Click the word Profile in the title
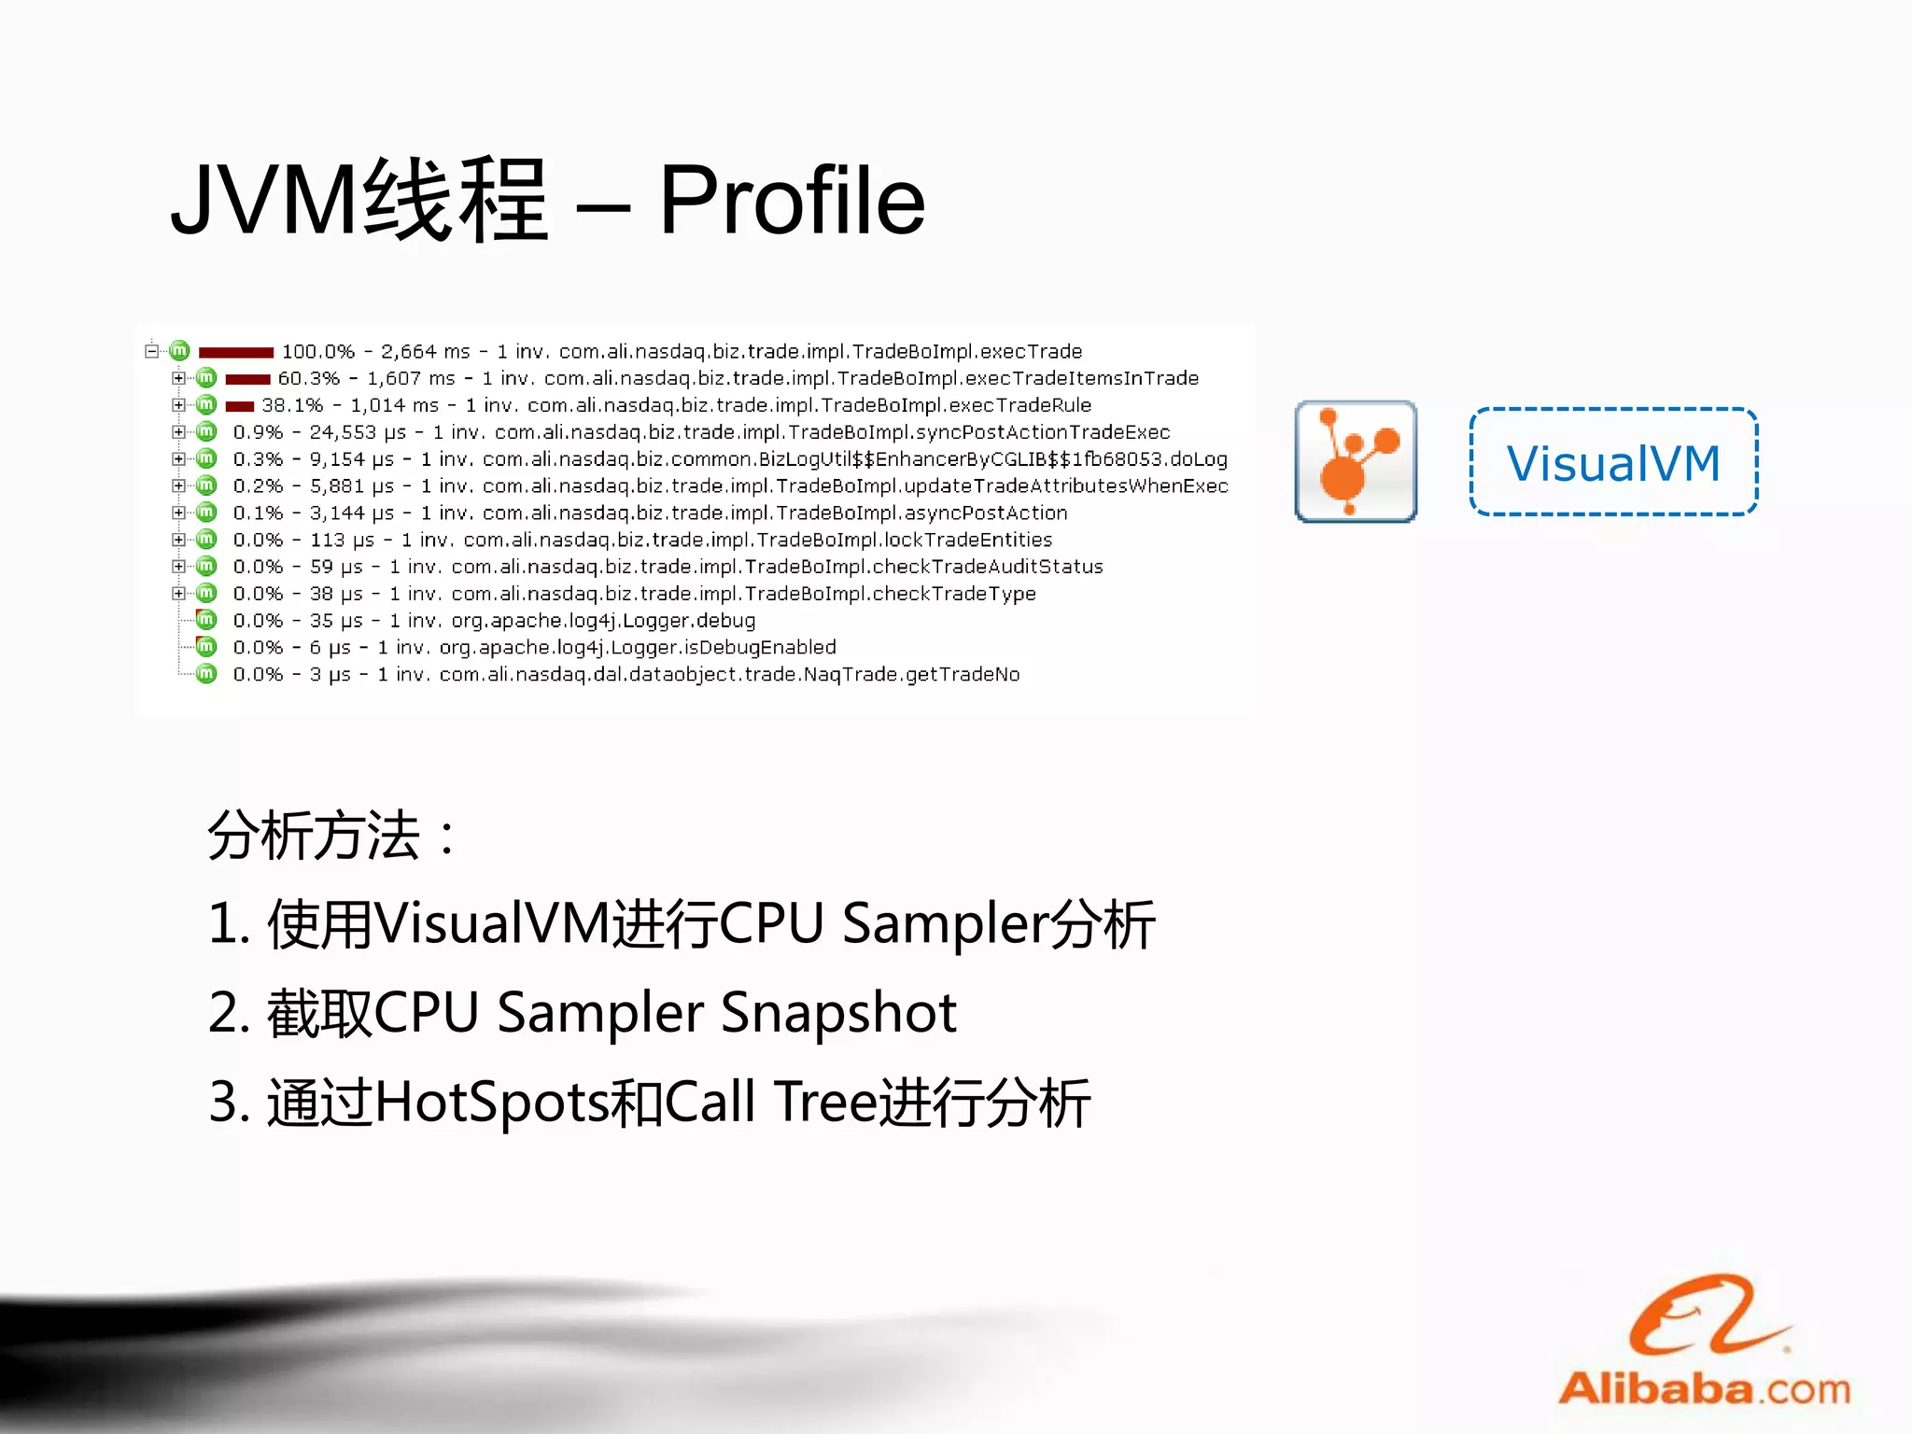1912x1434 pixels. point(792,200)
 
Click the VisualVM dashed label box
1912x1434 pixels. point(1613,462)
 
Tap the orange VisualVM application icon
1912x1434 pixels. point(1356,461)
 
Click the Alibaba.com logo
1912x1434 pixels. point(1705,1344)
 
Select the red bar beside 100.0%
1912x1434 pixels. point(236,352)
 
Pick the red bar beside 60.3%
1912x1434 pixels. point(248,379)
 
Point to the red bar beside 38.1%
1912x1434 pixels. point(240,406)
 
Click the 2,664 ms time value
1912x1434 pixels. point(425,352)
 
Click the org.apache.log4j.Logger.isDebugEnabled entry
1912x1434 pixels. point(638,647)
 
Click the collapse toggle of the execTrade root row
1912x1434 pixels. point(151,351)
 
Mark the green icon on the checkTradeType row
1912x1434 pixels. point(206,593)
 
